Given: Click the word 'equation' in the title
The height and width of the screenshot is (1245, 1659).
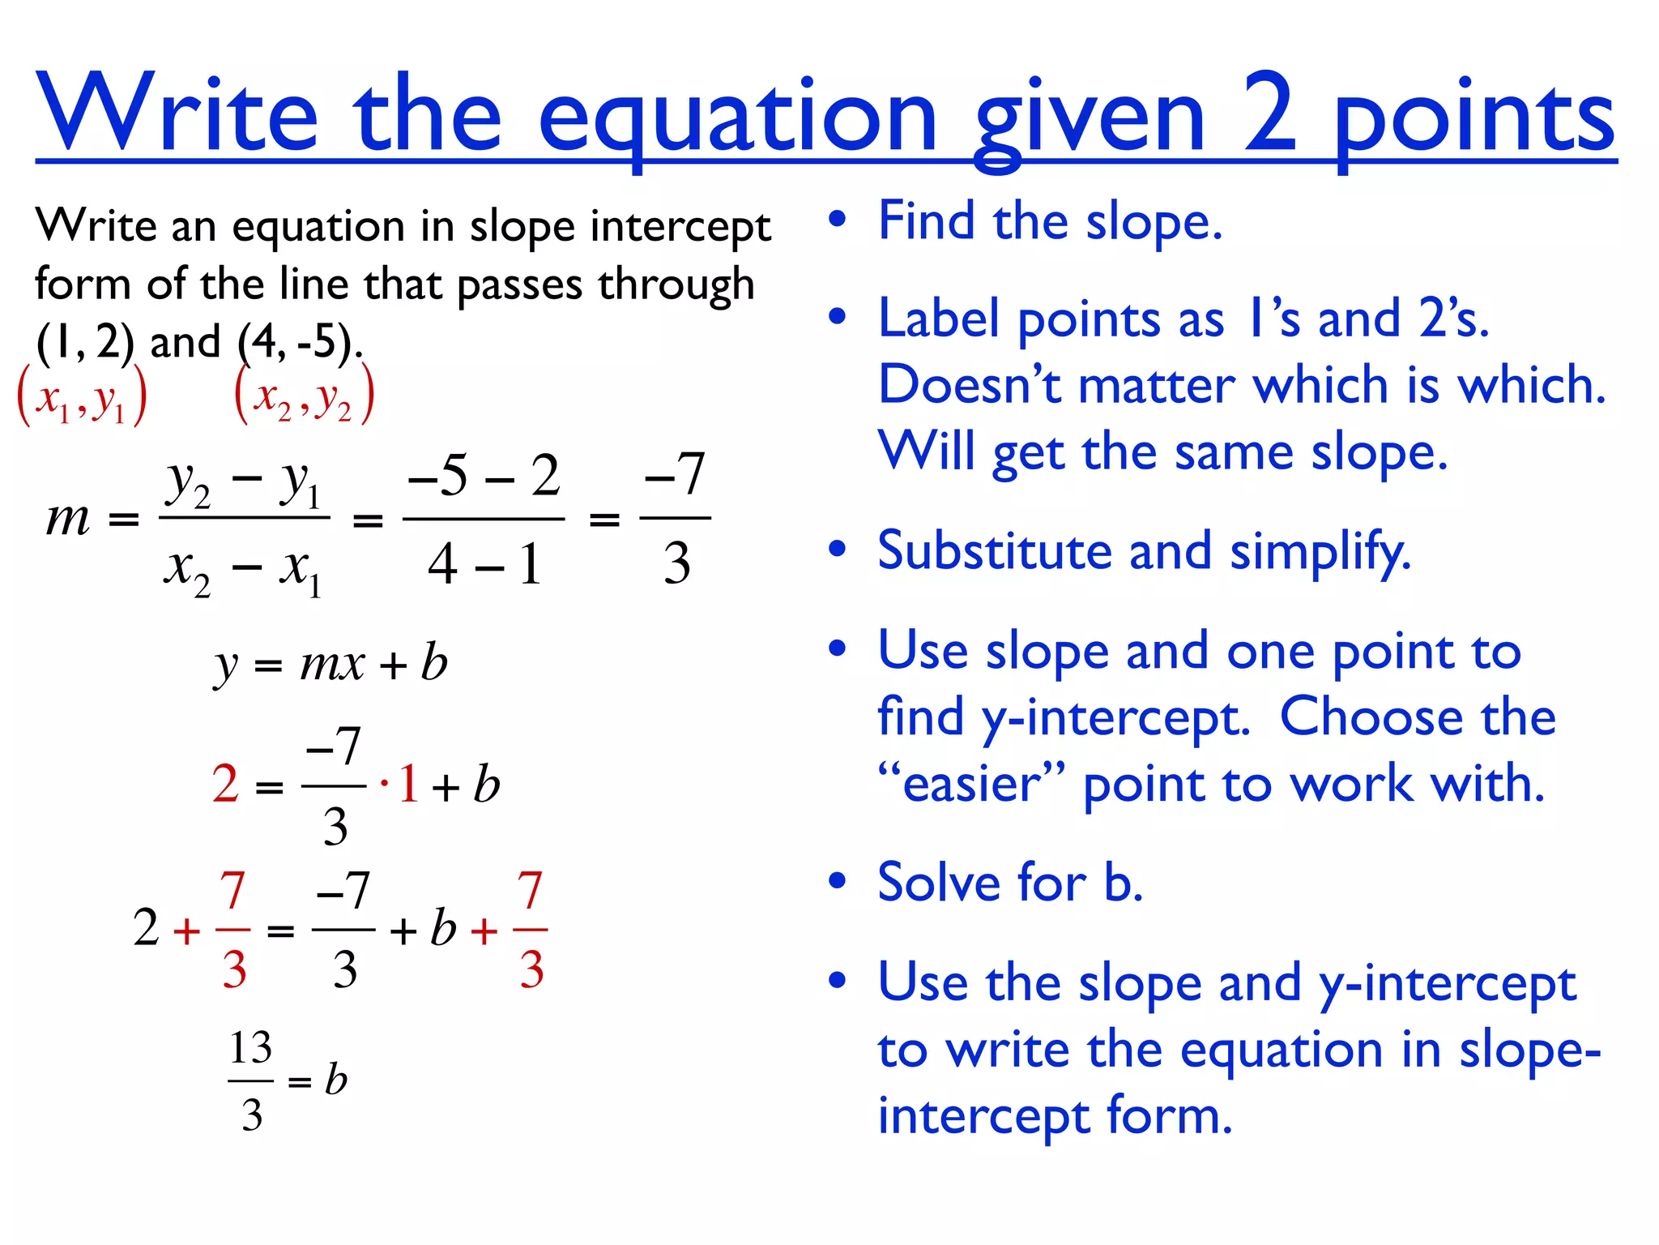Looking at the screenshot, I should pyautogui.click(x=737, y=118).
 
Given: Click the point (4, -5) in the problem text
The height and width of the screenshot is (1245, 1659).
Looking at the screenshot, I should pyautogui.click(x=297, y=342).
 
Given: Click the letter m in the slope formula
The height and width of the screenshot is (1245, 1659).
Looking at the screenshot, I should pyautogui.click(x=68, y=519).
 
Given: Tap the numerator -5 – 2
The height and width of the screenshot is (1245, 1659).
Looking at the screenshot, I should pyautogui.click(x=484, y=476).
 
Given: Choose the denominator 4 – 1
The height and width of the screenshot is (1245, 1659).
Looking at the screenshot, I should pyautogui.click(x=484, y=564).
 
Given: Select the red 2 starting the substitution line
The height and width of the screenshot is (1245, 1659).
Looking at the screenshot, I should pyautogui.click(x=225, y=784).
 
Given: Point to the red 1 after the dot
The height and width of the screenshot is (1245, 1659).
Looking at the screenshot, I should pyautogui.click(x=408, y=784).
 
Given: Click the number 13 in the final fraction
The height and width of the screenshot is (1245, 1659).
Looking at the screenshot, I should pyautogui.click(x=250, y=1048).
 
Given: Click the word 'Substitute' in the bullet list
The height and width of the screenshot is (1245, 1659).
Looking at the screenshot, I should pyautogui.click(x=995, y=551).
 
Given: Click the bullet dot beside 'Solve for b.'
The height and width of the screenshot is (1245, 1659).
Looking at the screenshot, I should pyautogui.click(x=838, y=881).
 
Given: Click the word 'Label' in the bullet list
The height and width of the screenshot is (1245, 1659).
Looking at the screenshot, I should pyautogui.click(x=939, y=319).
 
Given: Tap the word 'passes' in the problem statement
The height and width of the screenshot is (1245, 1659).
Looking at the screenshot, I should pyautogui.click(x=519, y=285).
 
